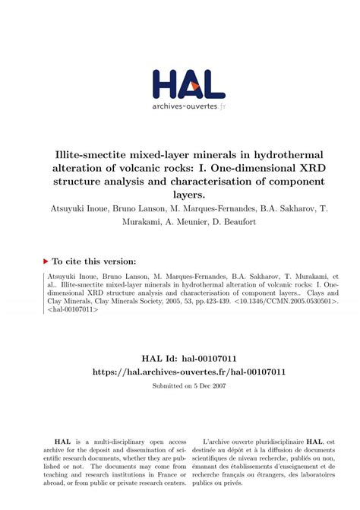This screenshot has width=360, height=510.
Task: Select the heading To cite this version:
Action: coord(94,260)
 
